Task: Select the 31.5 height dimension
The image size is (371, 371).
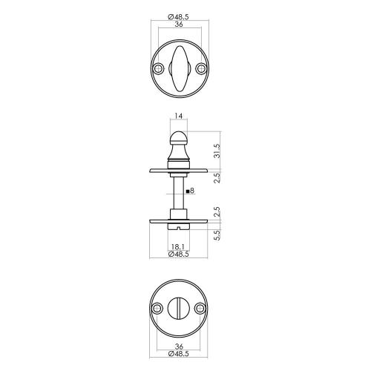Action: pyautogui.click(x=217, y=151)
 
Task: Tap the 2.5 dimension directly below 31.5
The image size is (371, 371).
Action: pyautogui.click(x=217, y=179)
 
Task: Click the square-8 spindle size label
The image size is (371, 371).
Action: pyautogui.click(x=191, y=191)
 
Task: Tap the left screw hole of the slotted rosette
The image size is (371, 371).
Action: pyautogui.click(x=157, y=309)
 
